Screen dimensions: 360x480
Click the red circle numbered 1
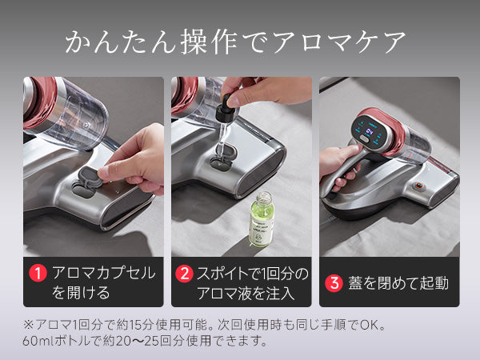(x=35, y=273)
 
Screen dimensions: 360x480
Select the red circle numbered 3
(x=334, y=282)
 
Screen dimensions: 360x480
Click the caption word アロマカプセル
(x=103, y=273)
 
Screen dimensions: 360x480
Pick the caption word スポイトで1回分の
(x=252, y=273)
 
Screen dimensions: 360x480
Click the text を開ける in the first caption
(x=81, y=293)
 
